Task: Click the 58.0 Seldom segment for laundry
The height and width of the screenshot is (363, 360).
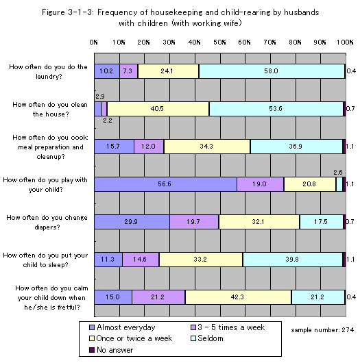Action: click(x=272, y=71)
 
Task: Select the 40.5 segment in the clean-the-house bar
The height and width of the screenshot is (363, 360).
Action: click(x=158, y=109)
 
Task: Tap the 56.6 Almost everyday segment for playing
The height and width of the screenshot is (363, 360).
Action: click(x=165, y=184)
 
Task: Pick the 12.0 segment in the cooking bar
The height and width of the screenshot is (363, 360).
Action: click(x=149, y=147)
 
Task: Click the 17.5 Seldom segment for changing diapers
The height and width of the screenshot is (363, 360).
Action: click(x=322, y=222)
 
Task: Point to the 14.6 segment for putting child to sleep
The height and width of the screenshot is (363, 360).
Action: click(x=141, y=260)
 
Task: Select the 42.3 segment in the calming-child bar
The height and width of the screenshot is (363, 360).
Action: click(x=238, y=297)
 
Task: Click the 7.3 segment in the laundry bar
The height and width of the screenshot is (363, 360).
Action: click(x=129, y=71)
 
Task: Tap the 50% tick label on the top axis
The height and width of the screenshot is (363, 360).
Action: click(x=219, y=42)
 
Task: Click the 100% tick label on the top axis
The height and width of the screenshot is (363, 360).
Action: click(x=345, y=42)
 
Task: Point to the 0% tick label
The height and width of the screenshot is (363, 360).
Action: click(x=94, y=42)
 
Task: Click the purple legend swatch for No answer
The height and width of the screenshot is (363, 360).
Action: click(x=92, y=350)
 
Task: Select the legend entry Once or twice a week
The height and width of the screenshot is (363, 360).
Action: click(x=130, y=338)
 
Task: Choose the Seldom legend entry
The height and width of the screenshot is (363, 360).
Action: click(x=207, y=338)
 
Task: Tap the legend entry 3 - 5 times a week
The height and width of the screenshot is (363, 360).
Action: click(x=228, y=327)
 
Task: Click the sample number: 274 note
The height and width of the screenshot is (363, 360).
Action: click(x=322, y=330)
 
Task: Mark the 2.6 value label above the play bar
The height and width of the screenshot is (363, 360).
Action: click(x=338, y=172)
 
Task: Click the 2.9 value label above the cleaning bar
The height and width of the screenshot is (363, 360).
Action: click(x=100, y=96)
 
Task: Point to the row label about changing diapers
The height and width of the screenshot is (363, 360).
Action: click(x=47, y=222)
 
